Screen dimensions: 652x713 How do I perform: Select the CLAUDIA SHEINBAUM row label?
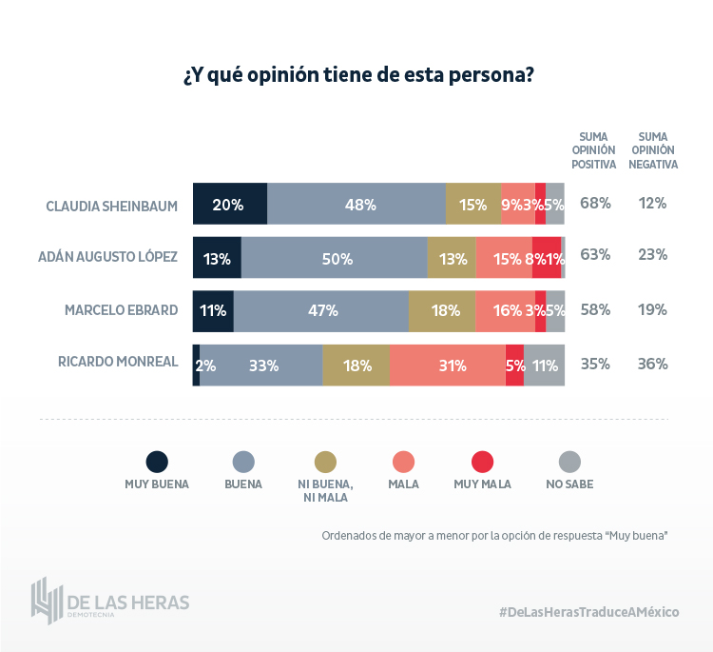[112, 205]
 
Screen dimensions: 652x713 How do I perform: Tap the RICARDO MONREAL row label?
[118, 363]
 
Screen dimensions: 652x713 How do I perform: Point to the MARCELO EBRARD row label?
[121, 310]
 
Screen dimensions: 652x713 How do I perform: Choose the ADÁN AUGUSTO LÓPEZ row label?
[107, 257]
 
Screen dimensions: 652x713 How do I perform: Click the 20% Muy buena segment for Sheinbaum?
[229, 204]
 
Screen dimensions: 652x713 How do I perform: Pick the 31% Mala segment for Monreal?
[447, 365]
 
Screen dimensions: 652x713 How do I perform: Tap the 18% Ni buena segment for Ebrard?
[442, 311]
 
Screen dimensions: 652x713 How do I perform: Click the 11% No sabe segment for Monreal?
[545, 365]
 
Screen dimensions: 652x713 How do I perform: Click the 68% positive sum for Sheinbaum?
[595, 203]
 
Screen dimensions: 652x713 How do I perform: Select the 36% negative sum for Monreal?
[653, 363]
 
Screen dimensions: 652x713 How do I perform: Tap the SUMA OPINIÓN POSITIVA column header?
[594, 149]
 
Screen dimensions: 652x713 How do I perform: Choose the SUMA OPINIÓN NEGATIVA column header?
[653, 149]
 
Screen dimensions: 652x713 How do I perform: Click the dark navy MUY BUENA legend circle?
[157, 462]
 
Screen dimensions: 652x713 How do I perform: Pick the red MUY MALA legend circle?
[483, 462]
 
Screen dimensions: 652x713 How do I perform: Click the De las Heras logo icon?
[47, 601]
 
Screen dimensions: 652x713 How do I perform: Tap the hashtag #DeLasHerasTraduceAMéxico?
[588, 611]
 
